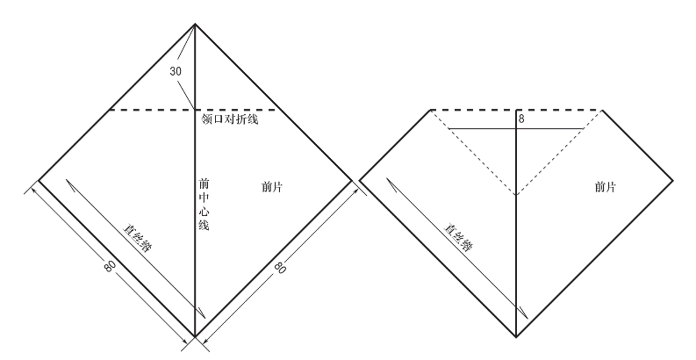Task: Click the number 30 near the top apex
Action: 176,71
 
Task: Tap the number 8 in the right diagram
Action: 520,119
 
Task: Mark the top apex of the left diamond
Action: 194,24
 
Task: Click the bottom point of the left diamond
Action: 194,336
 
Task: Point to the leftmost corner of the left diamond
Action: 39,179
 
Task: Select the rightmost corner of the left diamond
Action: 350,179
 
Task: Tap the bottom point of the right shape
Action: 517,336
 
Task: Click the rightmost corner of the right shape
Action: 673,179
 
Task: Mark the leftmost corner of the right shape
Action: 361,179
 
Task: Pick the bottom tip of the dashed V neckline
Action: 517,195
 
